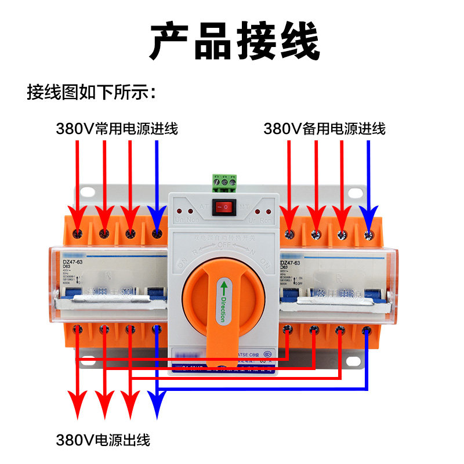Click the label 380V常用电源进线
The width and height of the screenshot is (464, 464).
(x=117, y=129)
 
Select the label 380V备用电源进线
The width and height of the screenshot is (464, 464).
(x=324, y=129)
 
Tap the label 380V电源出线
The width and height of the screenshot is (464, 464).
(x=103, y=440)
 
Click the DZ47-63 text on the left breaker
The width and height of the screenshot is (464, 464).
(x=74, y=262)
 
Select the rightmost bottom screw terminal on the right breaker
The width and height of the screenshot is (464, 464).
(x=367, y=331)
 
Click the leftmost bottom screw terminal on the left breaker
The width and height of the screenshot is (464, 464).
(x=78, y=329)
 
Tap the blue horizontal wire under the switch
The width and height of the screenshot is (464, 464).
(x=261, y=390)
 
